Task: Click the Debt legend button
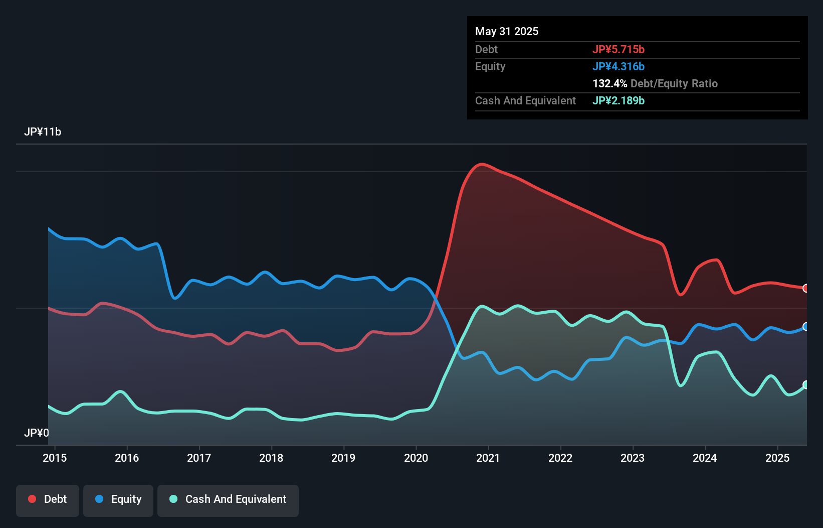click(x=48, y=500)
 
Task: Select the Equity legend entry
click(x=118, y=500)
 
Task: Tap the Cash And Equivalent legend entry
click(x=228, y=500)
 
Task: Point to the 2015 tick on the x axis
click(x=55, y=458)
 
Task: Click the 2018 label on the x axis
click(x=271, y=458)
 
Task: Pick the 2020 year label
click(x=416, y=458)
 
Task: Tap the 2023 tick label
click(x=633, y=458)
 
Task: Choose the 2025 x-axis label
click(x=777, y=458)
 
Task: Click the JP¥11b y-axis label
click(x=43, y=132)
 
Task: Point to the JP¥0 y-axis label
click(x=37, y=433)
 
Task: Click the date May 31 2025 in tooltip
click(x=507, y=31)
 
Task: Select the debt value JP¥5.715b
click(x=619, y=49)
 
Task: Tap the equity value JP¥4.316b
click(x=619, y=66)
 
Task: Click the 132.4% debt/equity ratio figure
click(x=609, y=83)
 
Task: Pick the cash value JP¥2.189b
click(x=619, y=100)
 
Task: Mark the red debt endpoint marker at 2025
click(x=806, y=288)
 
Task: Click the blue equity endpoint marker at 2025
click(x=806, y=327)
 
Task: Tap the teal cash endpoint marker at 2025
click(x=806, y=385)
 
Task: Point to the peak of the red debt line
click(x=482, y=164)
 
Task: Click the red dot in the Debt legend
click(x=32, y=499)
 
